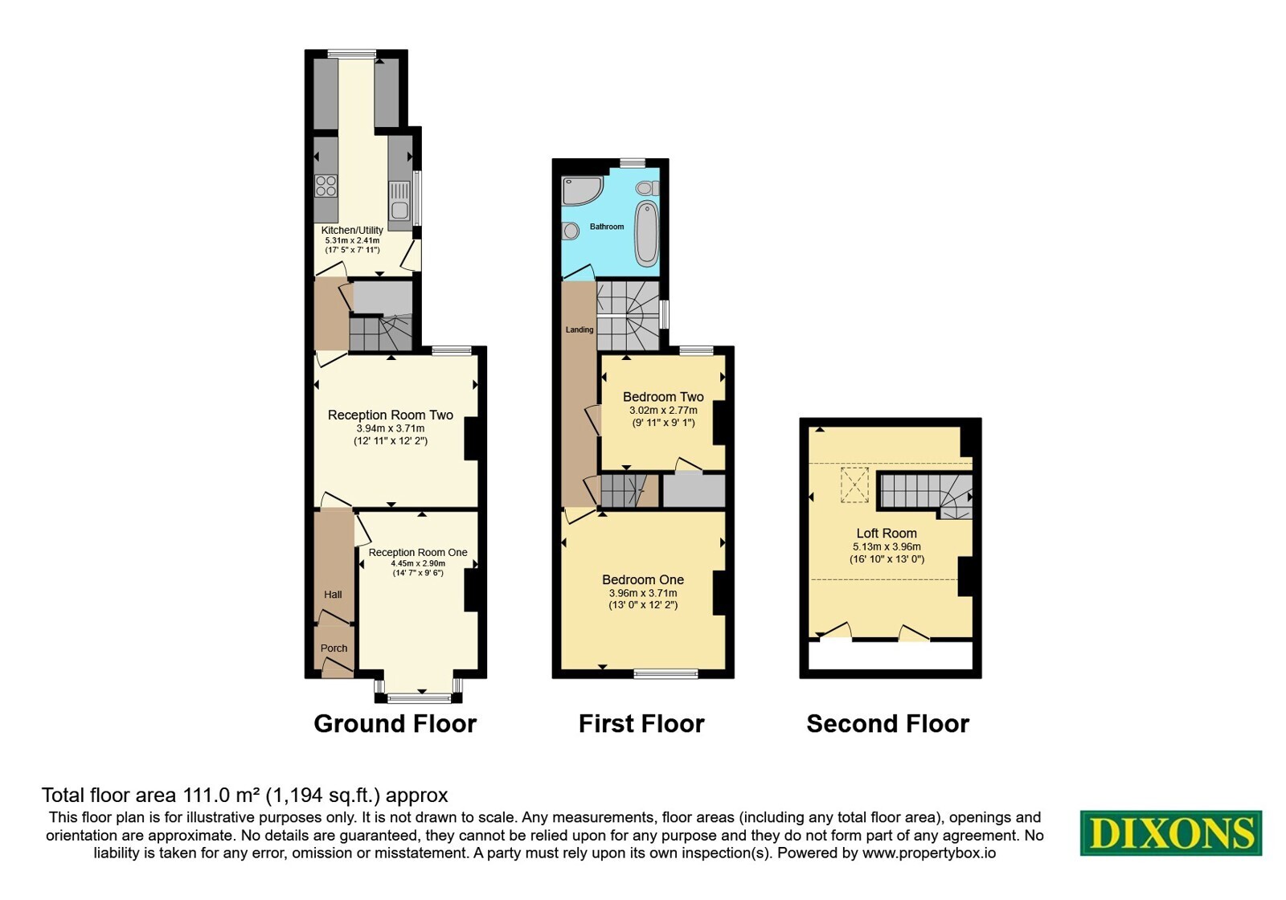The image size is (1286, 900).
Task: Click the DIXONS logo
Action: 1170,832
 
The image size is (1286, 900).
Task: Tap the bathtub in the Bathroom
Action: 646,234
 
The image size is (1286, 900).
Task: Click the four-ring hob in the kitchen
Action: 326,186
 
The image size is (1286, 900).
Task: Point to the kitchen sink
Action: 399,202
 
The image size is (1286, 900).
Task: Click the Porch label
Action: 334,648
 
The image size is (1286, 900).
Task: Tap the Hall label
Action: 333,595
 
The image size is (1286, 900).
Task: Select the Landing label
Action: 580,329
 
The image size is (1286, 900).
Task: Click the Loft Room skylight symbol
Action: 854,485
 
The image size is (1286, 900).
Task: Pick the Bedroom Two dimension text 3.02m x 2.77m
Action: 663,411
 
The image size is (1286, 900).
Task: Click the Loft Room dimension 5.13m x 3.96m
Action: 887,547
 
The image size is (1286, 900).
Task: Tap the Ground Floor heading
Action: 395,724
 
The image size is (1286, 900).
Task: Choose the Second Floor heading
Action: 887,724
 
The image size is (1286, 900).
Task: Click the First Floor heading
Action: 641,724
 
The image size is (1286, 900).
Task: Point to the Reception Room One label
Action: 418,552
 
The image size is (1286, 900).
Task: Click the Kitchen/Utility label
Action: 352,230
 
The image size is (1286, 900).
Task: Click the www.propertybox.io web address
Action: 929,853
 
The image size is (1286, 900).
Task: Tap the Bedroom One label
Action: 643,579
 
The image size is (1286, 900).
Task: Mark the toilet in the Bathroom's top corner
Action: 647,188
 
